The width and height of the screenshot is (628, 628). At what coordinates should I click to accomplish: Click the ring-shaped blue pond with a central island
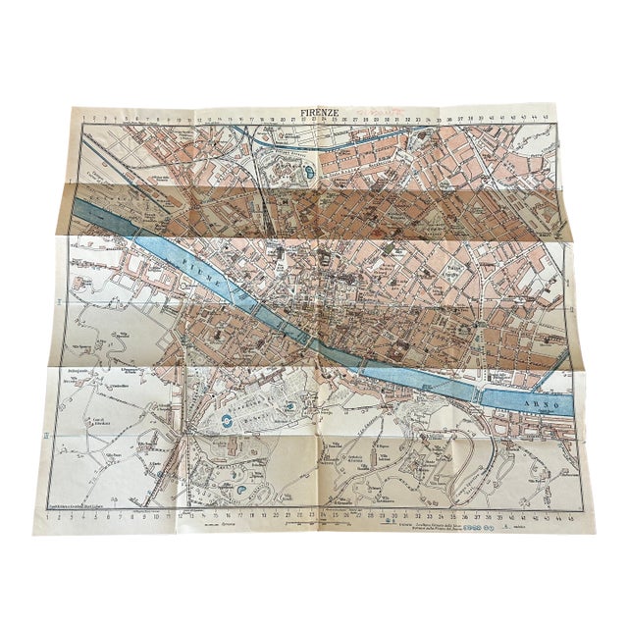tap(228, 421)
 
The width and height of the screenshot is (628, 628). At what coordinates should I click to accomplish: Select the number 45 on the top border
tap(560, 119)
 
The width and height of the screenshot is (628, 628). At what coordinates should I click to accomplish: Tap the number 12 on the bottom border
tap(182, 514)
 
